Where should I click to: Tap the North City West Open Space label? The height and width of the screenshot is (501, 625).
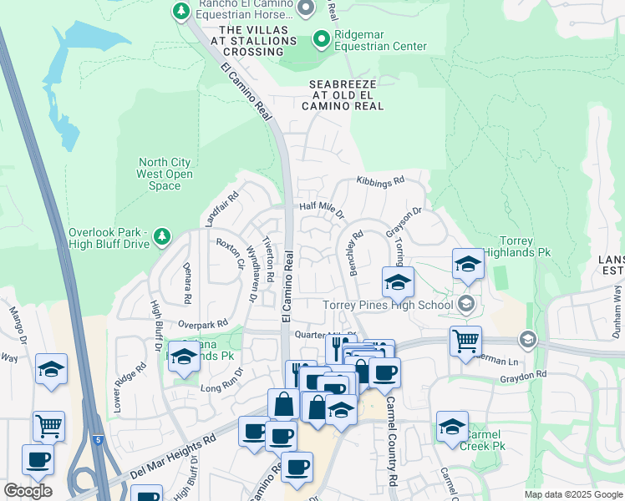pos(165,174)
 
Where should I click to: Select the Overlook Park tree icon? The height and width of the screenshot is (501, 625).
pos(162,238)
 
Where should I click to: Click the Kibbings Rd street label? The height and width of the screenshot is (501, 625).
pos(380,180)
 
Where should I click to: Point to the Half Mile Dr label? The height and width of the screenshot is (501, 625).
pos(322,210)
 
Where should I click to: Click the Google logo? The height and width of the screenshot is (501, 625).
pos(27,491)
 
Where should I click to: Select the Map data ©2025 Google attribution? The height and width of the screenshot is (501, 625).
pos(572,494)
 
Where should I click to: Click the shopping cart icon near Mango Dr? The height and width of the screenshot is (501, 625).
pos(48,425)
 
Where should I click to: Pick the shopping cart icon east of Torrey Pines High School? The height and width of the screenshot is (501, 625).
pos(465,339)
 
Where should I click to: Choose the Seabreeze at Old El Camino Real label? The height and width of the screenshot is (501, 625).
pos(346,95)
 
